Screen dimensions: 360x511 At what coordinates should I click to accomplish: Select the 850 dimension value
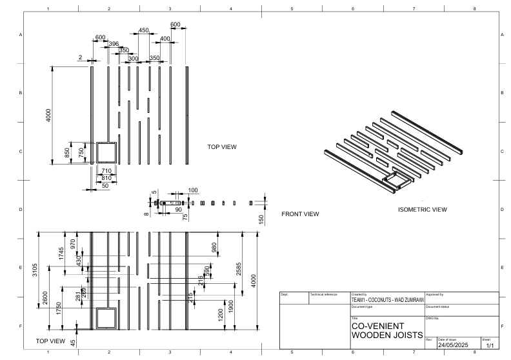67,152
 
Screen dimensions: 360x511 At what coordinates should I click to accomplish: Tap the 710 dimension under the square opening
106,171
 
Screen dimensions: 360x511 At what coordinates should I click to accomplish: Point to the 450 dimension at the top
143,30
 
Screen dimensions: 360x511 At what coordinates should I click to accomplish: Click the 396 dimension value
114,43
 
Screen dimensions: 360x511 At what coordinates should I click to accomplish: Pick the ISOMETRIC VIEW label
422,210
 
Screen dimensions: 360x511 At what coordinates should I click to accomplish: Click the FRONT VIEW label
301,214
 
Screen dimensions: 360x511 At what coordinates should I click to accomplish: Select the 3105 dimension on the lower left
36,274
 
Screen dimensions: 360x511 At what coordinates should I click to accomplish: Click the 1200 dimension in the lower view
221,315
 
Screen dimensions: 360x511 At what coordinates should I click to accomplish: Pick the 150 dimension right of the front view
261,219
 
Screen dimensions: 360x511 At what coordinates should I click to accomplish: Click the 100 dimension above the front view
193,190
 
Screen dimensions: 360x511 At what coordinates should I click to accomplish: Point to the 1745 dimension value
62,254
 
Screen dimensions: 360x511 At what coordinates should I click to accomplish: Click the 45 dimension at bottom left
72,343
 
